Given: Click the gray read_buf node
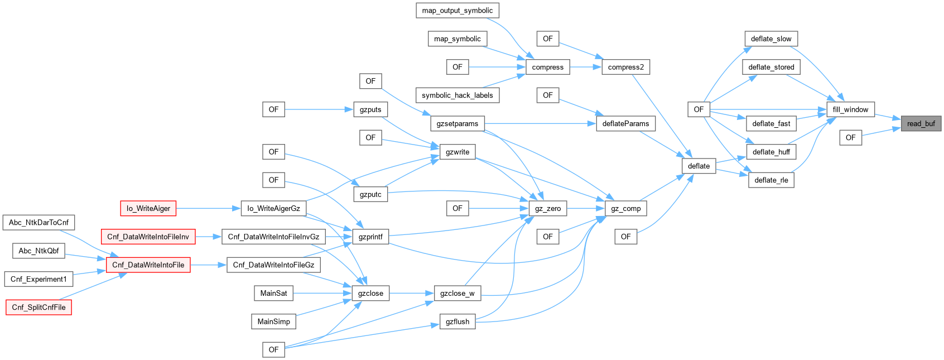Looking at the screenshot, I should [921, 123].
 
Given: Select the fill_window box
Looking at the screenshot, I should [850, 109].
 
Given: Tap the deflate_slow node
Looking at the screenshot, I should [771, 39].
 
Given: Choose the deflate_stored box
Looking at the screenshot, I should [771, 67].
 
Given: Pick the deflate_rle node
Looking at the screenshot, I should [771, 180].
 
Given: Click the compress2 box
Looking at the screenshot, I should [625, 67].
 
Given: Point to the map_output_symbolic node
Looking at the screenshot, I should [457, 11].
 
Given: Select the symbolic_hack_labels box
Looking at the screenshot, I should [457, 95].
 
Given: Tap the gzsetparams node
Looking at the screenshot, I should [457, 123].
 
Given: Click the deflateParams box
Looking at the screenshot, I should [625, 123].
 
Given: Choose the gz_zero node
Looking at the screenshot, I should [547, 208].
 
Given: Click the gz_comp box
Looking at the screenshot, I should [625, 208].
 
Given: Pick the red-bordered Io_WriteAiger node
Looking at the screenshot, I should [148, 208].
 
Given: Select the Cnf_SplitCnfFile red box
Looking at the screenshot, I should [38, 307].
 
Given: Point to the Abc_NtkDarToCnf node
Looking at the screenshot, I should [38, 222].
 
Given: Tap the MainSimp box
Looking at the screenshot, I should [273, 321].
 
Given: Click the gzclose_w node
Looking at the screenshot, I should [457, 293].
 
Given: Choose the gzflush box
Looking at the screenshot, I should [457, 321].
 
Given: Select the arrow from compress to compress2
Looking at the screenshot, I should [585, 67].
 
